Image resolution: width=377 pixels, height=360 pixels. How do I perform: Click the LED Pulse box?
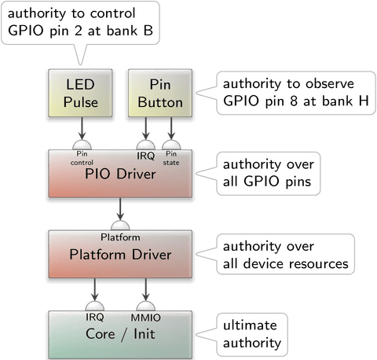pos(80,93)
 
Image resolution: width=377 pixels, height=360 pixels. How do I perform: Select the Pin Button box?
pos(160,93)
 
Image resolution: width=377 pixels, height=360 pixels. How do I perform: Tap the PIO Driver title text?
pos(120,174)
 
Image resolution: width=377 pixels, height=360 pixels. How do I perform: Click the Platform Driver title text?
pos(120,255)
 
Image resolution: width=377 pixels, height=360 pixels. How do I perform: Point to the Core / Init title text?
pos(120,334)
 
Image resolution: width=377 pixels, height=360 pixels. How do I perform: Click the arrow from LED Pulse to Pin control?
pos(82,128)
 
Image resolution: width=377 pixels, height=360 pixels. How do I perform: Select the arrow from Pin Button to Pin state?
pos(171,128)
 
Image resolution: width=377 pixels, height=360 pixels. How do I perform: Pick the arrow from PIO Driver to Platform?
pos(120,209)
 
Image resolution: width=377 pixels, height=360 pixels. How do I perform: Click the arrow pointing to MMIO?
pos(145,289)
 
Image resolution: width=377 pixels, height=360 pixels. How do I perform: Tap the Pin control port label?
pos(82,158)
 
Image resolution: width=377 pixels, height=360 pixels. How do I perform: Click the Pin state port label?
pos(171,158)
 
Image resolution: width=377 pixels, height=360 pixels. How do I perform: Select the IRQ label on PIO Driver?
pos(146,156)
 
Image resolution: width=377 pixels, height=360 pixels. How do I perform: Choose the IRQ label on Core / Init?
pos(95,318)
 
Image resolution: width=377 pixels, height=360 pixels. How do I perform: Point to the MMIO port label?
pos(145,318)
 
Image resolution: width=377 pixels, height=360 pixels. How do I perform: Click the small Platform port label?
pos(120,237)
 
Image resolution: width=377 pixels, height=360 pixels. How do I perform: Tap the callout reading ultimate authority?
pos(252,334)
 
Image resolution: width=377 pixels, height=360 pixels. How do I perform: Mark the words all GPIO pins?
pos(267,182)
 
